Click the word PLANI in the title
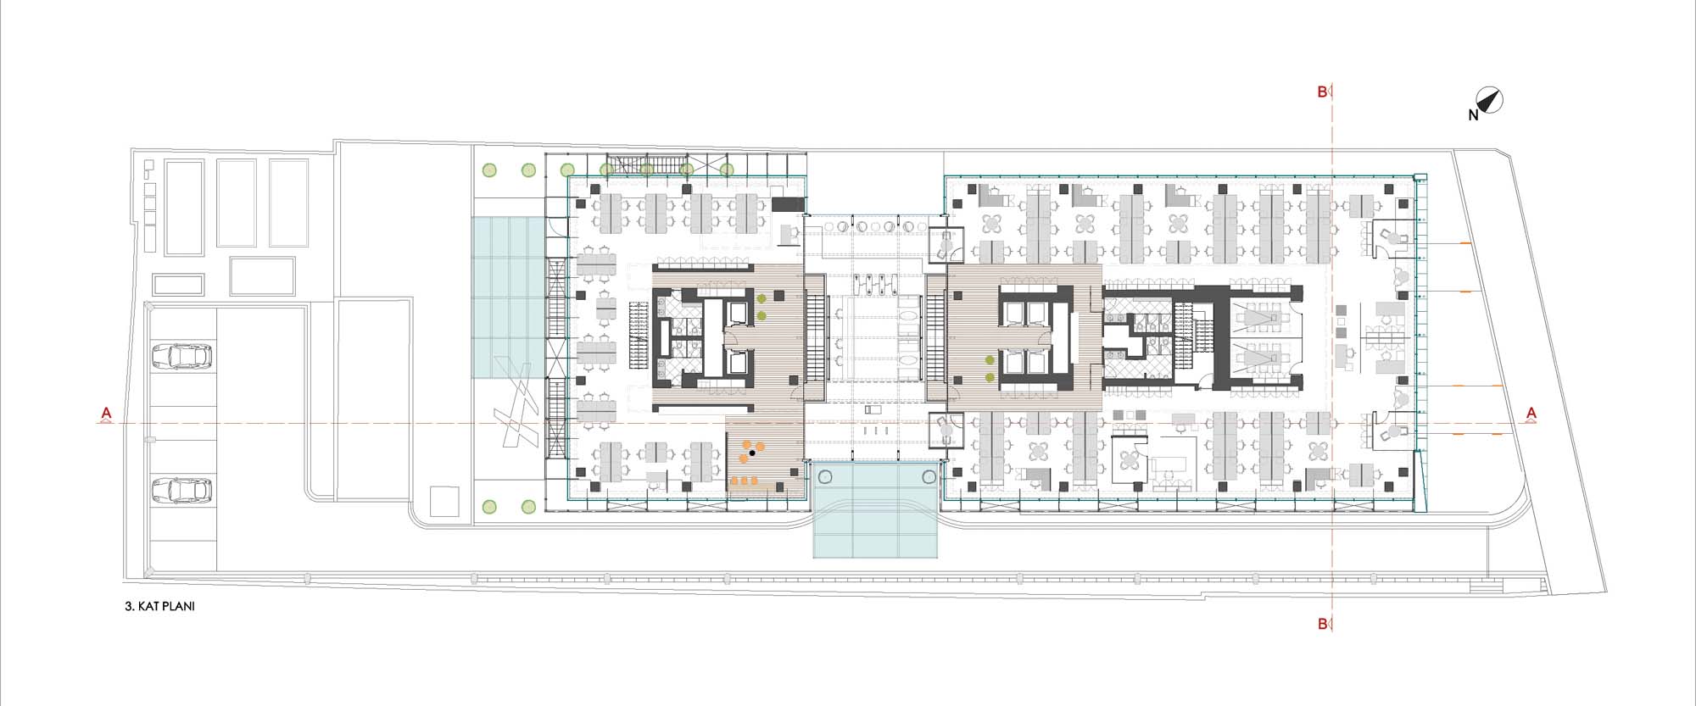(177, 607)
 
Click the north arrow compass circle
(1491, 101)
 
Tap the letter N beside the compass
(1474, 115)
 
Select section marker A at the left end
(106, 414)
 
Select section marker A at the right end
(1531, 414)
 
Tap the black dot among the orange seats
(752, 453)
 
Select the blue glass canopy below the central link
(876, 509)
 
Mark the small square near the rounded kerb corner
(444, 501)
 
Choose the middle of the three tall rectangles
(237, 203)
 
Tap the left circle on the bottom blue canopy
(826, 478)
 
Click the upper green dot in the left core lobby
(762, 298)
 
